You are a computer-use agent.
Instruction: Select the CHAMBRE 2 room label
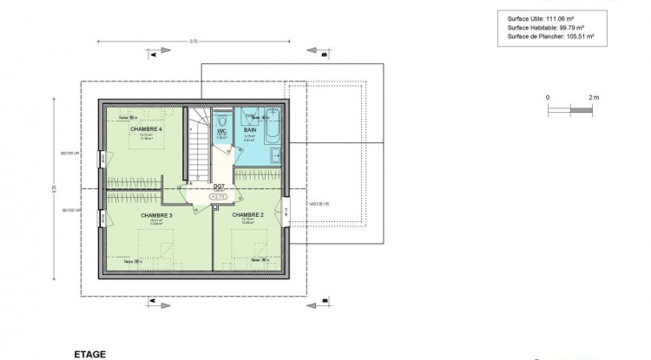pos(248,214)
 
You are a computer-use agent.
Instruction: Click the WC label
pos(222,130)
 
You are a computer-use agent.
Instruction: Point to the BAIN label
pos(249,129)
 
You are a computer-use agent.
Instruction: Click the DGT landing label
pos(219,186)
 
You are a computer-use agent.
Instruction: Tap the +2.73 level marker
pos(219,197)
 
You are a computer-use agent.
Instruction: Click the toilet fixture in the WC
pos(222,119)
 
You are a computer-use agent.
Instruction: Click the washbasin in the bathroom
pos(274,156)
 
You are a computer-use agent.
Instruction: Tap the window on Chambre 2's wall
pos(286,210)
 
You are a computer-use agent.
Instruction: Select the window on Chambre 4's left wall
pos(102,161)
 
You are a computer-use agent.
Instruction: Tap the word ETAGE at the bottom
pos(90,354)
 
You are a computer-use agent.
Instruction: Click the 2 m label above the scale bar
pos(593,98)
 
